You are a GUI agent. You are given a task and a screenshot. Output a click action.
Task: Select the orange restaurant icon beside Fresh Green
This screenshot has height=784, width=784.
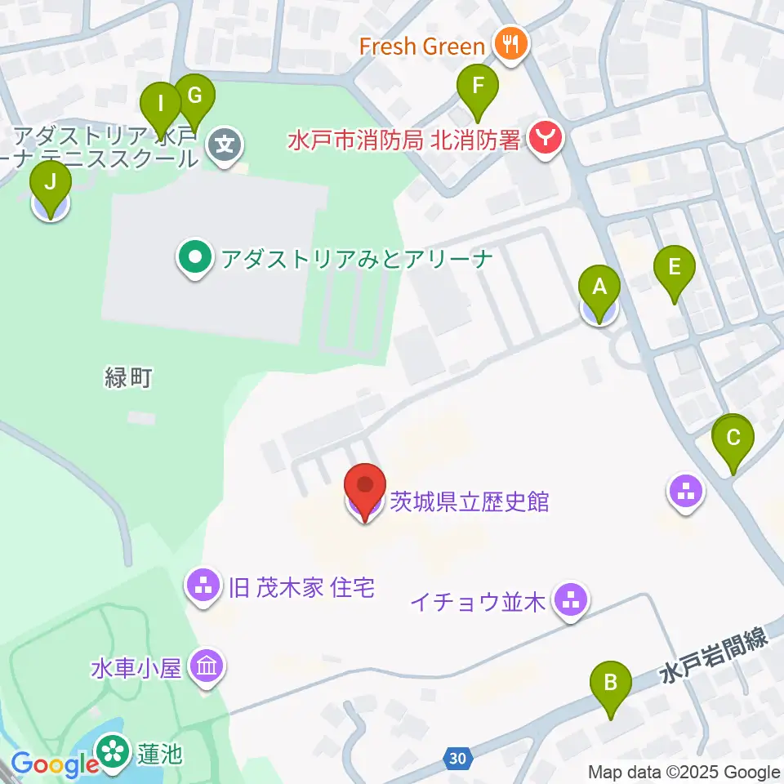pos(511,44)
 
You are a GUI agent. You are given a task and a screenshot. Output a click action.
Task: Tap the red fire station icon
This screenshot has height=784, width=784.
pos(545,139)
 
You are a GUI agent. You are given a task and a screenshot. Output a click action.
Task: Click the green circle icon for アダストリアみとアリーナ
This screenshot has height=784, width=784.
pos(194,260)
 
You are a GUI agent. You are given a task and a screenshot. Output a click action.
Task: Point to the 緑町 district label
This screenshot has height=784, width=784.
pos(130,378)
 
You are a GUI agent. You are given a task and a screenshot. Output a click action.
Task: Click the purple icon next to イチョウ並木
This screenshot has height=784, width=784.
pos(569,602)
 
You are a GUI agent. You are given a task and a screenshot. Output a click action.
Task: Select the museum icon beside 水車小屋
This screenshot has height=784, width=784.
pos(205,667)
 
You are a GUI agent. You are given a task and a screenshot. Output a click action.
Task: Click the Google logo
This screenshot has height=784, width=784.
pos(54,764)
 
